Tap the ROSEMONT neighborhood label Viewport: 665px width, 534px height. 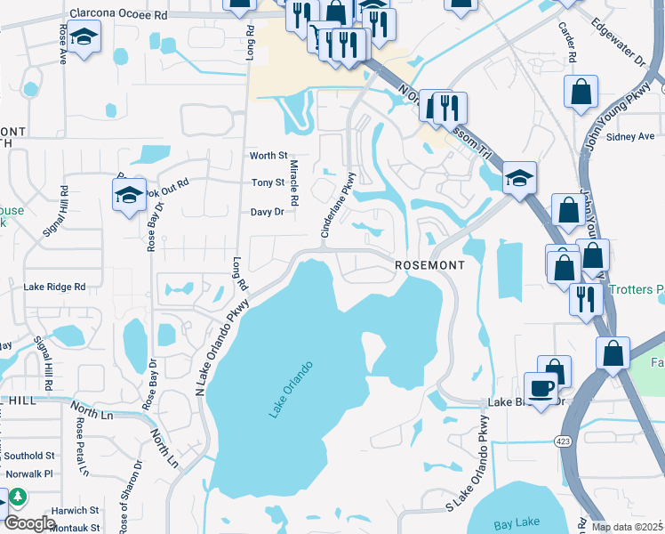429,266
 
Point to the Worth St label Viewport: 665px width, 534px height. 268,156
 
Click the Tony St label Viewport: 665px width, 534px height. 268,183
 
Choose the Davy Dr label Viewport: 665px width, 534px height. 267,213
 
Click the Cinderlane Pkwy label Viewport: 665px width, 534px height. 339,205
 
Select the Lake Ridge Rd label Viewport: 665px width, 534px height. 54,287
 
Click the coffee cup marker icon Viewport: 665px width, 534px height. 541,388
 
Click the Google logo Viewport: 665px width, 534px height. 29,523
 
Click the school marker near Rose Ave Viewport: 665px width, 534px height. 84,36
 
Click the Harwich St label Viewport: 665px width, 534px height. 74,511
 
